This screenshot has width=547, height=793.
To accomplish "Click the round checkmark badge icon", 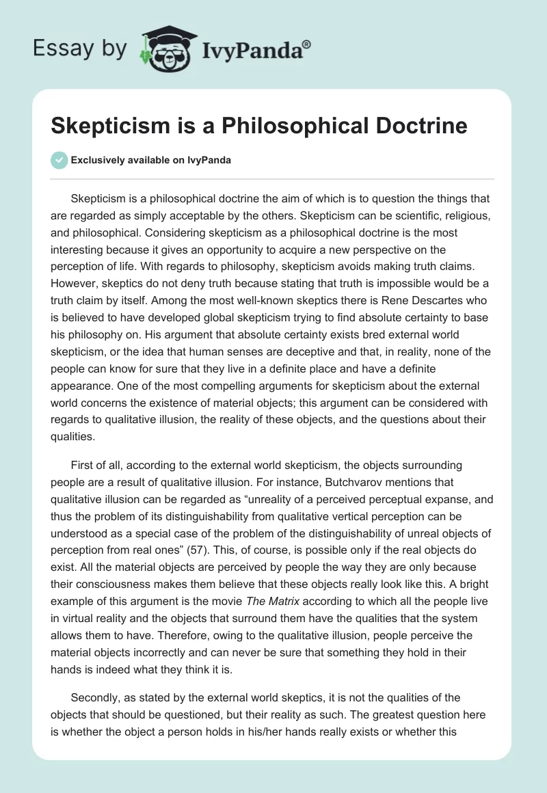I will (x=59, y=160).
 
